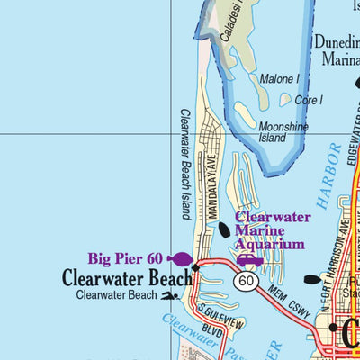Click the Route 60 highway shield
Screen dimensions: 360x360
pos(244,282)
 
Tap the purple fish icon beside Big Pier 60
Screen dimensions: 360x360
pos(180,259)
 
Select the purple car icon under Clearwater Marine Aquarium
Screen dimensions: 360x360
pos(249,261)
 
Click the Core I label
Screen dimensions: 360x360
pos(309,100)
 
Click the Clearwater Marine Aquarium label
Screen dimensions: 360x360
pos(272,230)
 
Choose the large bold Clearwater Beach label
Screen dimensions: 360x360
pos(127,278)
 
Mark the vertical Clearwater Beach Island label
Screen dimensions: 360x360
pos(185,164)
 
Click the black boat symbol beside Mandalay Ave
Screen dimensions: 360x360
pos(224,230)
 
